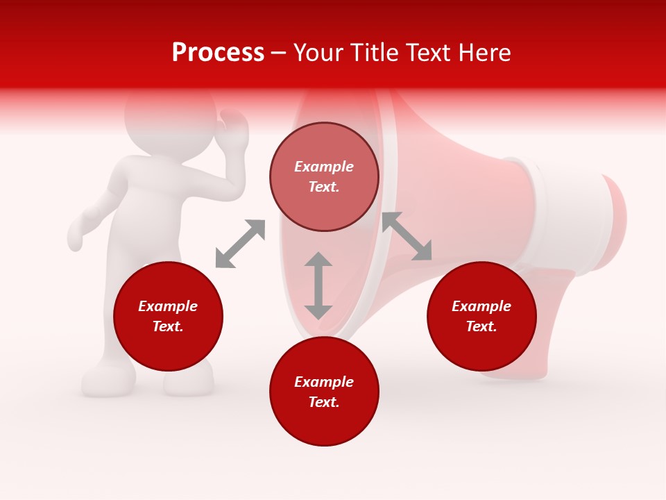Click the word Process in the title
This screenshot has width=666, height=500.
coord(218,53)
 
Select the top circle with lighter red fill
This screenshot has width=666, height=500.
coord(324,177)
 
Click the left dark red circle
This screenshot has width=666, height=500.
coord(168,317)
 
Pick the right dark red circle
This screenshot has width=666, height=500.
coord(481,317)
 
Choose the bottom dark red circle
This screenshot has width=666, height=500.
coord(324,392)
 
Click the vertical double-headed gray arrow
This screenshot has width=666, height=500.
coord(318,285)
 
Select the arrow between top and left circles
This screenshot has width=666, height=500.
coord(240,244)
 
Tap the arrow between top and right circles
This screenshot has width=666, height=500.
coord(407,236)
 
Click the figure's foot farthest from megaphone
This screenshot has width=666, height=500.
coord(108,380)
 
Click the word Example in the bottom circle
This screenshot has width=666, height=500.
coord(324,382)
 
